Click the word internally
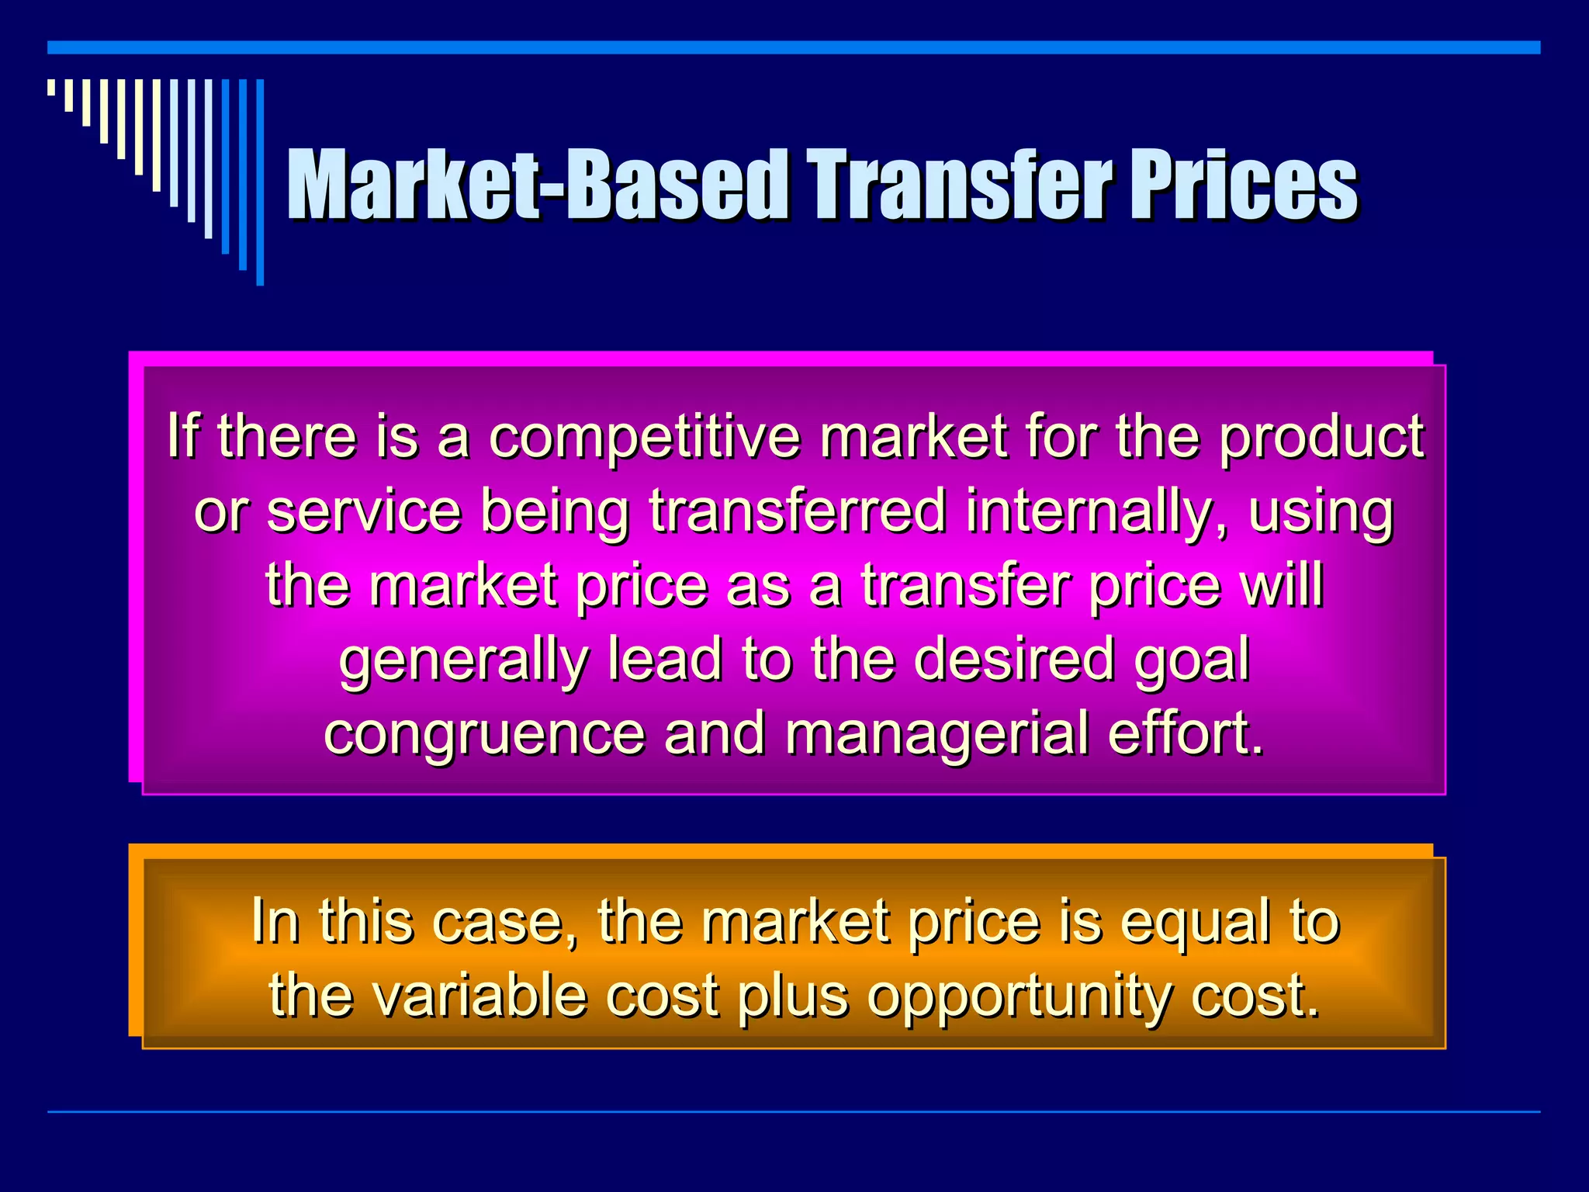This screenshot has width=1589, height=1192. click(x=1097, y=512)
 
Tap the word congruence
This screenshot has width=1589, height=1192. click(x=484, y=733)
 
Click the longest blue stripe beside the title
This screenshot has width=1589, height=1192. click(x=260, y=182)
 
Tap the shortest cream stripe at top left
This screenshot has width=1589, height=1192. click(x=51, y=87)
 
